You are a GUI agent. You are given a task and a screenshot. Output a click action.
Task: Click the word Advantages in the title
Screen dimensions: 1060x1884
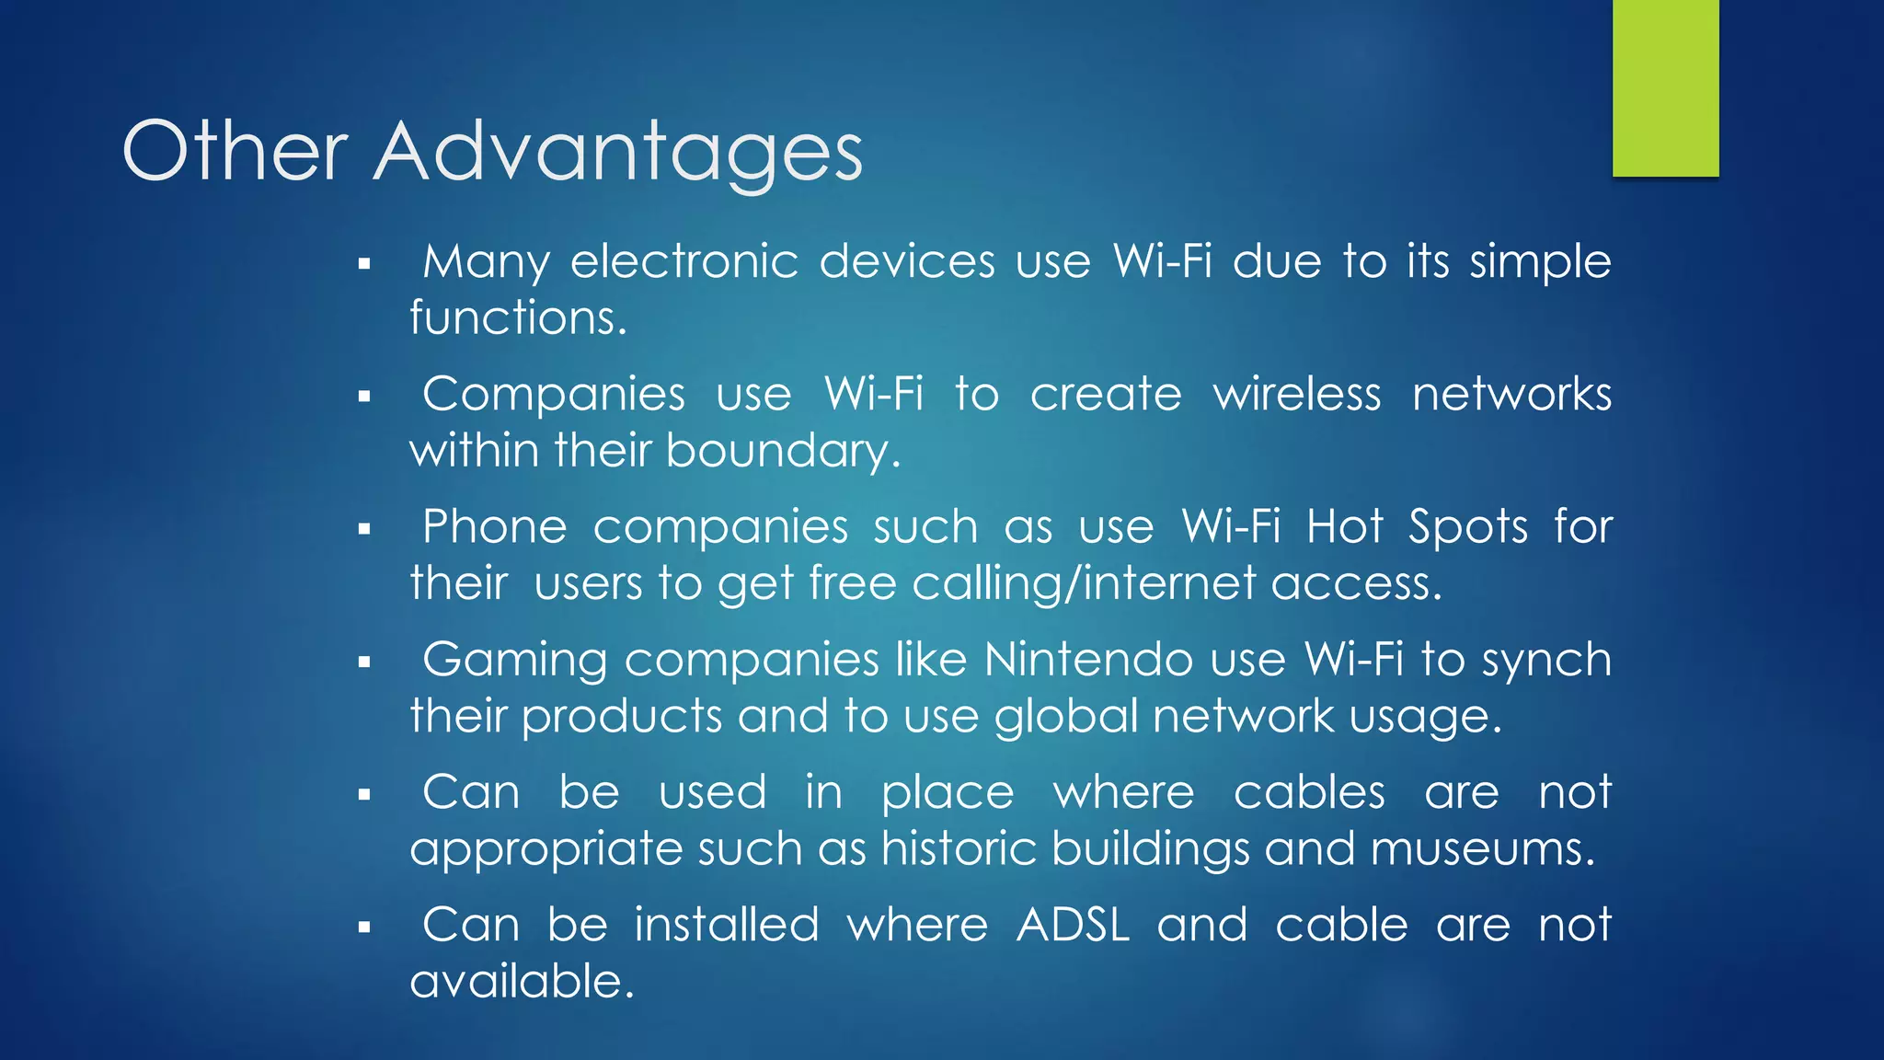click(618, 152)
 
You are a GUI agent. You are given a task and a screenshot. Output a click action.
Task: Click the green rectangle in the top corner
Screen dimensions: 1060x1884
click(1665, 88)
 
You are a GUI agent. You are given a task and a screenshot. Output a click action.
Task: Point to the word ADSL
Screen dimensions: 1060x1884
click(1073, 925)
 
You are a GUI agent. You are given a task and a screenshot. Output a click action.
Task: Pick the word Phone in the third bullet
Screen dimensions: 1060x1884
click(494, 527)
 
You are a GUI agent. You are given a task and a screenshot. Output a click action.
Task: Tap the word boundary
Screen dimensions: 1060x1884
click(782, 451)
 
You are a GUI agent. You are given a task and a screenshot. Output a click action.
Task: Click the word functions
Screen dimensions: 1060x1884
click(518, 318)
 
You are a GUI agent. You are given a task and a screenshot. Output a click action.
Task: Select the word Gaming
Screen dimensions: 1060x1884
click(514, 662)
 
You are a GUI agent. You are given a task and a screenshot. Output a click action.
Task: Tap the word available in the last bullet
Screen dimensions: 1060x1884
click(522, 981)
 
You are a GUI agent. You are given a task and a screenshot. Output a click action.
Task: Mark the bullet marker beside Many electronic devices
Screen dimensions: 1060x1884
click(364, 265)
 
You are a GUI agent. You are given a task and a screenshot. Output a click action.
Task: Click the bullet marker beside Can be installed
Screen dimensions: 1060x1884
click(364, 927)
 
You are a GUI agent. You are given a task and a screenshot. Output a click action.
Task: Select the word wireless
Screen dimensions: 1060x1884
click(1296, 395)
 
